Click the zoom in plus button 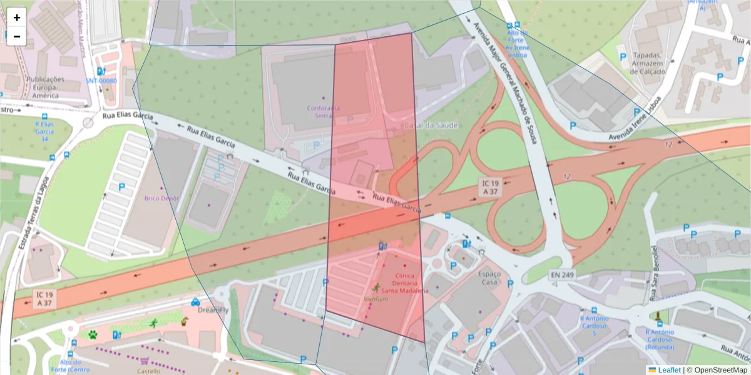(17, 17)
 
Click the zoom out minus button (17, 36)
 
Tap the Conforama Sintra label (324, 112)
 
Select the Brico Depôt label (161, 198)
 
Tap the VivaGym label (376, 298)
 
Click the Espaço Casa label (489, 278)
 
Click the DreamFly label (210, 310)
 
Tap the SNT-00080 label (101, 81)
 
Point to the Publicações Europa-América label (45, 87)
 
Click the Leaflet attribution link (669, 370)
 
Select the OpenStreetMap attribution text (717, 370)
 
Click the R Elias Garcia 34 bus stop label (44, 132)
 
